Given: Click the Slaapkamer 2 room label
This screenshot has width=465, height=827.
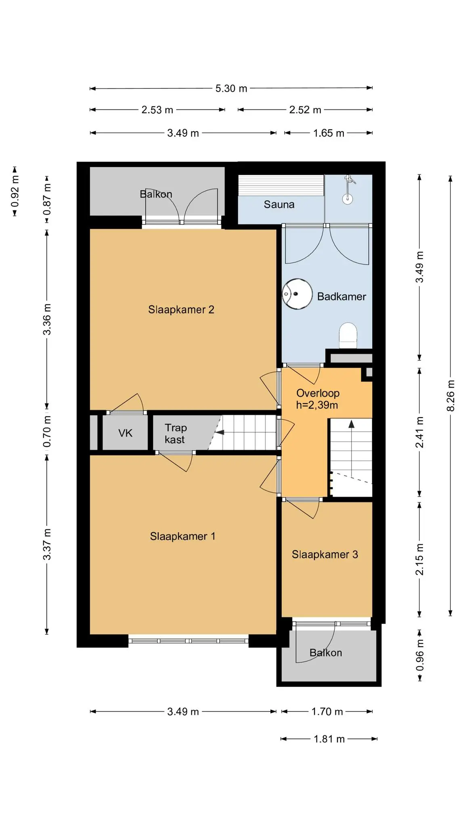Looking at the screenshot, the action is [181, 310].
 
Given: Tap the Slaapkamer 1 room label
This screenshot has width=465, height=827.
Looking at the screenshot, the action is [182, 536].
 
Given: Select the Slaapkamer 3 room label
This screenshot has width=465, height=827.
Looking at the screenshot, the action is [325, 554].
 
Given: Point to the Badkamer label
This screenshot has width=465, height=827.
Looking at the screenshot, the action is [341, 296].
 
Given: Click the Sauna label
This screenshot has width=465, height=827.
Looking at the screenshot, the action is [279, 204].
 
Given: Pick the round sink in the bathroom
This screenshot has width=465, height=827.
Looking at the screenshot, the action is [297, 294].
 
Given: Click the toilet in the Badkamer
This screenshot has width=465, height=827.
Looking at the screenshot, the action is [348, 335].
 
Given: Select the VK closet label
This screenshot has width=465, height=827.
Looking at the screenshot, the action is [125, 433].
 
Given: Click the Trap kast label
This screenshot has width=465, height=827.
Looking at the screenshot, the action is [176, 434].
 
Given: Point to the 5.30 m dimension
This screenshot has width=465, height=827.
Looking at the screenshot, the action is [231, 88].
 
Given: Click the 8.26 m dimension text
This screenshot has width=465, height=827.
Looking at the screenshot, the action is [451, 396].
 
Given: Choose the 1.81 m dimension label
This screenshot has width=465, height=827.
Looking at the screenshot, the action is [329, 739].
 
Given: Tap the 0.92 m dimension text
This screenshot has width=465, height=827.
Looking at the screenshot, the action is [15, 191].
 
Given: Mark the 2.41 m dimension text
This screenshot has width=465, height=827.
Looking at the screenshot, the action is [420, 432].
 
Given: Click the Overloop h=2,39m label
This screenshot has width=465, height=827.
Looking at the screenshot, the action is [318, 399].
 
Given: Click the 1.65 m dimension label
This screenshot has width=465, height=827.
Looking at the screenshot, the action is [329, 133].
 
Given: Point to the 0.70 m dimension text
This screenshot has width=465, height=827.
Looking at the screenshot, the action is [47, 431].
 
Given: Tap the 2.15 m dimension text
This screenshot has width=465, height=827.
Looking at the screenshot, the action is [420, 559].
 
